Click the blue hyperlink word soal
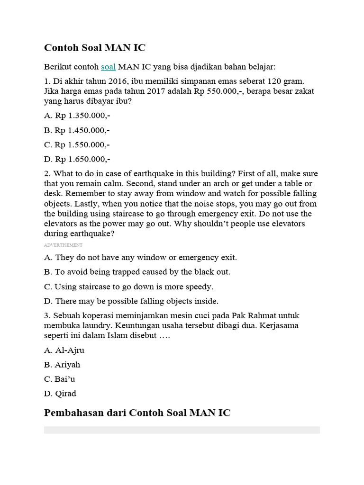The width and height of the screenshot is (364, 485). point(108,67)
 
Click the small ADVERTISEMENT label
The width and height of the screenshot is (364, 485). point(63,245)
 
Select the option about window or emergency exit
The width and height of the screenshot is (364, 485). point(140,258)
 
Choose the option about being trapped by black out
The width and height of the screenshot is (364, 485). point(137,272)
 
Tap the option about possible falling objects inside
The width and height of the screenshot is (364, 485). point(131,301)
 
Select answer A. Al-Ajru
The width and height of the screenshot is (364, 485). point(64,350)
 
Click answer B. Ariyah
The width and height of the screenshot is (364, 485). point(62,365)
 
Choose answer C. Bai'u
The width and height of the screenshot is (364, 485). point(60,379)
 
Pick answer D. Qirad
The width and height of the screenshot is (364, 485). point(60,393)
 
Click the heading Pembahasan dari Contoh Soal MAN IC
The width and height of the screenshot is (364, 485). point(137,413)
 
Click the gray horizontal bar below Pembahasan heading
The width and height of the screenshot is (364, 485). point(182,430)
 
